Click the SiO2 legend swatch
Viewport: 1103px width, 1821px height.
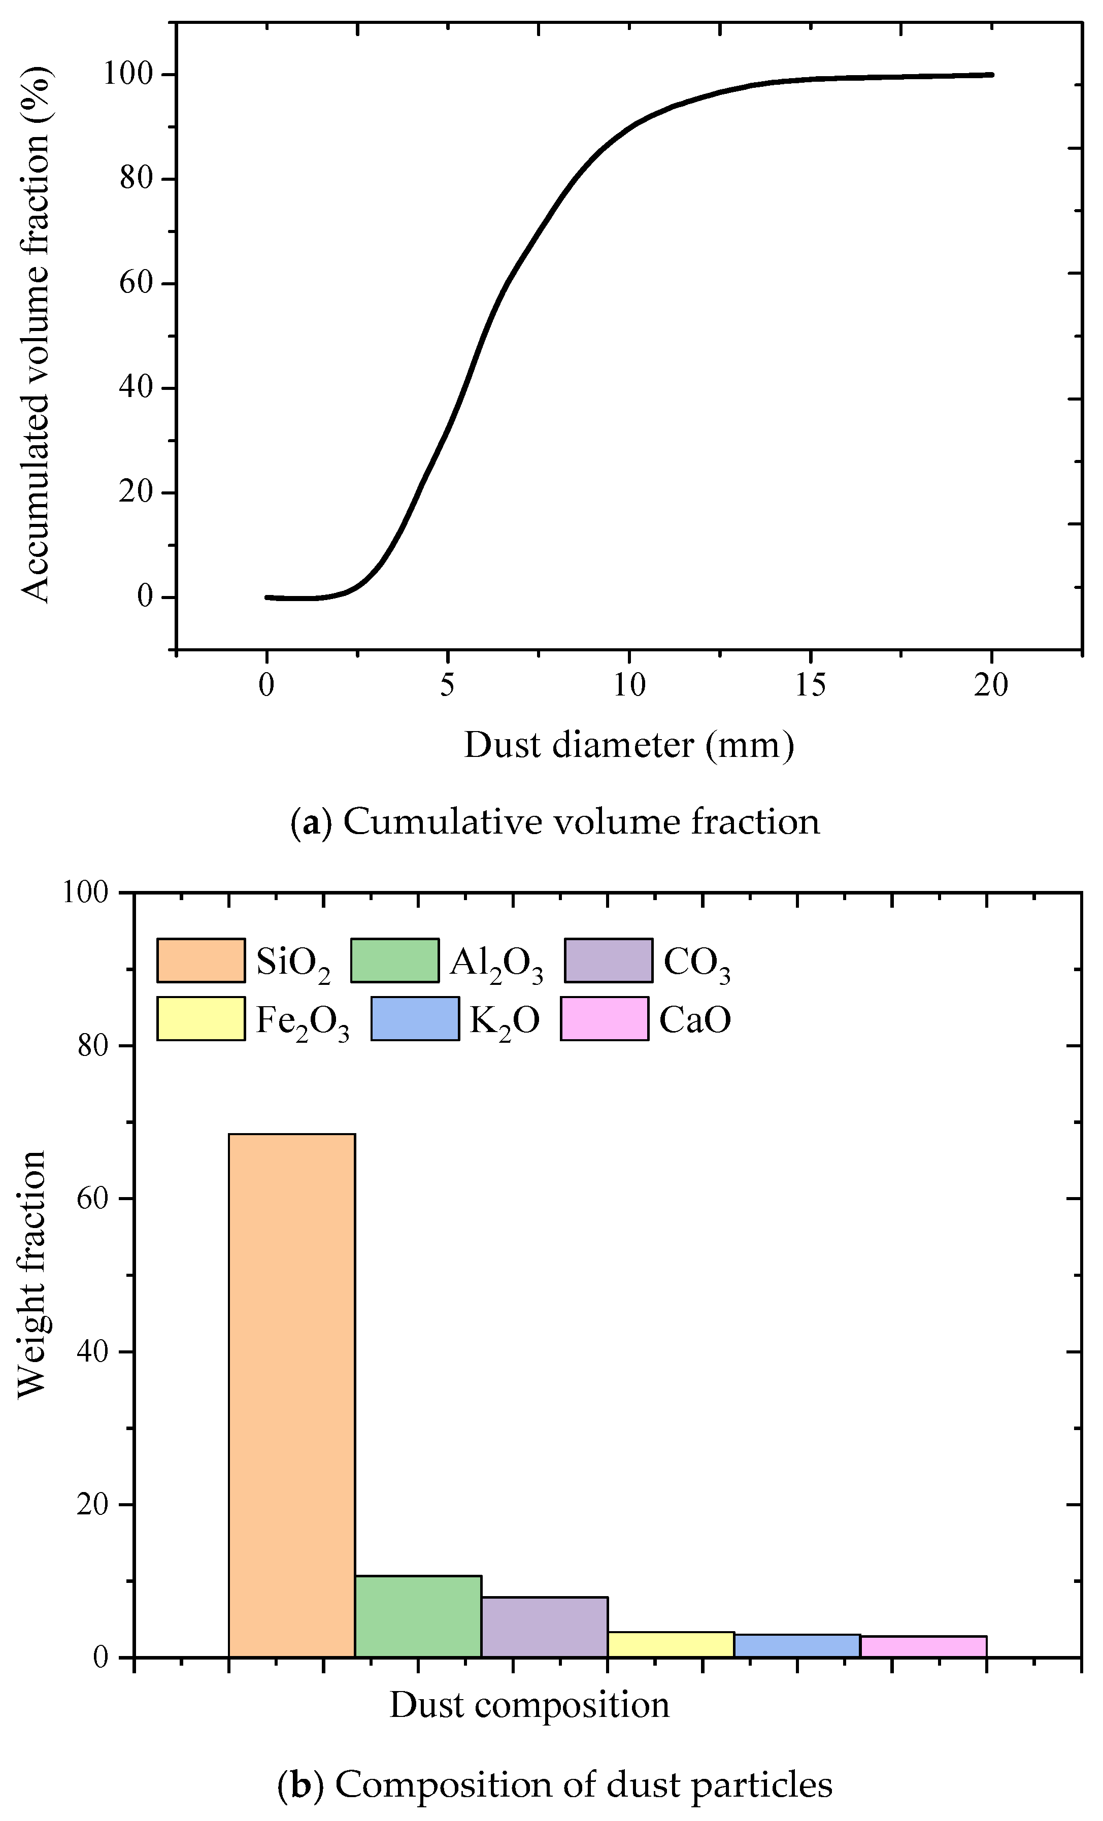[x=201, y=960]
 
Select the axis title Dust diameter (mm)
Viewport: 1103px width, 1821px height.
[x=629, y=745]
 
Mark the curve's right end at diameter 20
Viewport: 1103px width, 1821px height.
[x=991, y=75]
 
